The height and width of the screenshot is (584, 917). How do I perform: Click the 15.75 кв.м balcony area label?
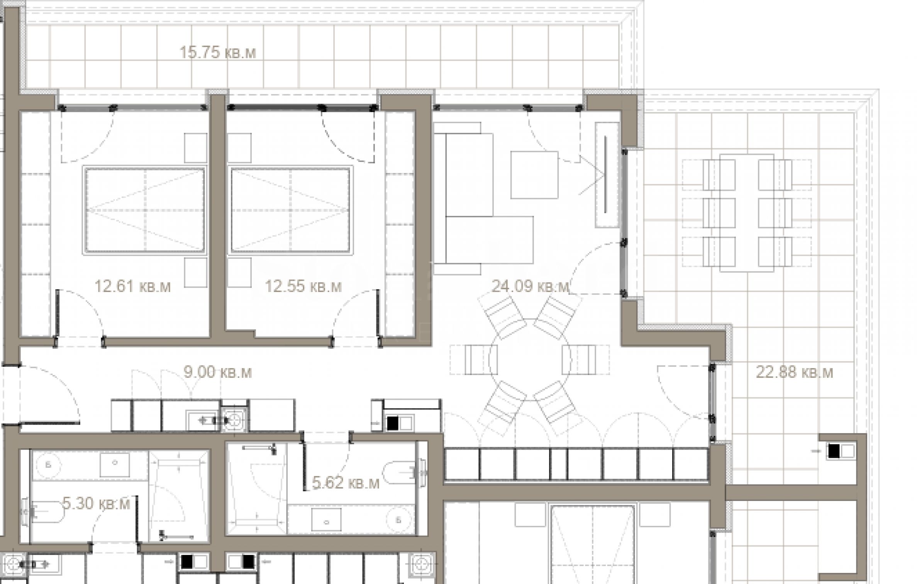pyautogui.click(x=218, y=52)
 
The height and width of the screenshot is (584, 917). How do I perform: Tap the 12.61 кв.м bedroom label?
pyautogui.click(x=132, y=287)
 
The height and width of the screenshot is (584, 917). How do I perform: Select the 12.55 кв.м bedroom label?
pyautogui.click(x=303, y=287)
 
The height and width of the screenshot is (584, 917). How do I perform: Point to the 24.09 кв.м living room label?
pyautogui.click(x=531, y=286)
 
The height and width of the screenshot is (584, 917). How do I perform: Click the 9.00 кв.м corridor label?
pyautogui.click(x=218, y=372)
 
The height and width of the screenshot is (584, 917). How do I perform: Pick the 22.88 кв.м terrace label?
pyautogui.click(x=794, y=372)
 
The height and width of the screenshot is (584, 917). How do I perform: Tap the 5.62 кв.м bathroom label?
pyautogui.click(x=346, y=483)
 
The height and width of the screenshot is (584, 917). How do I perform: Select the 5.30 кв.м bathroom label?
pyautogui.click(x=96, y=504)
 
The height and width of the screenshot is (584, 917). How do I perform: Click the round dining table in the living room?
pyautogui.click(x=529, y=359)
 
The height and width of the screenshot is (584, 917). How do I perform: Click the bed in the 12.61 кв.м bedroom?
pyautogui.click(x=144, y=211)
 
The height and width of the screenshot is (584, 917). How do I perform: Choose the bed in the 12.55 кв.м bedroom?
pyautogui.click(x=290, y=211)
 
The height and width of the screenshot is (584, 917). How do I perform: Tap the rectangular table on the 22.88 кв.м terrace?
pyautogui.click(x=747, y=213)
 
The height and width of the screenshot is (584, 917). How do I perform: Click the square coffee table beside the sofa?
pyautogui.click(x=534, y=175)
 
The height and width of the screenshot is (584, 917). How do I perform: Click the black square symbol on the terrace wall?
pyautogui.click(x=834, y=451)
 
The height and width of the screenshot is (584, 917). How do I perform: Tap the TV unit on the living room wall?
pyautogui.click(x=605, y=175)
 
